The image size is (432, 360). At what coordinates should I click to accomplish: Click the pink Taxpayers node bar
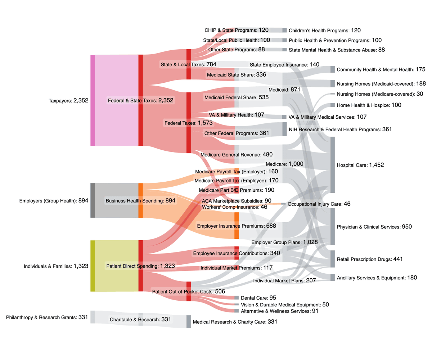[x=93, y=100]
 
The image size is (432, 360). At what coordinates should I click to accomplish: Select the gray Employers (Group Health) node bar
[x=93, y=200]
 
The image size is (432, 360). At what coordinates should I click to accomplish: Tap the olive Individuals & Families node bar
[x=93, y=266]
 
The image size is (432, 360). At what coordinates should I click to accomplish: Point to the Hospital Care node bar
[x=332, y=165]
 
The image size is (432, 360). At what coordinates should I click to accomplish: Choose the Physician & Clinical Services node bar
[x=332, y=227]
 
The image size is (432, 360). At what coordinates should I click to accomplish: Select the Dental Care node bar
[x=237, y=298]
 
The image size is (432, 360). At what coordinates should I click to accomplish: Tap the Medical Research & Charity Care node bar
[x=188, y=322]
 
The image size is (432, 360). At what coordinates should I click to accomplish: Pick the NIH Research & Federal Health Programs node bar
[x=284, y=129]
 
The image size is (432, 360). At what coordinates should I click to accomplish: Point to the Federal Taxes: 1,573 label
[x=189, y=123]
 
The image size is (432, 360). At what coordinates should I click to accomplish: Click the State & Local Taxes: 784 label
[x=188, y=64]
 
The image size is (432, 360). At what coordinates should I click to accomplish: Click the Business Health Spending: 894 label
[x=140, y=200]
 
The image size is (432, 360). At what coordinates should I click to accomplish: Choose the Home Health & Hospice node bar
[x=332, y=105]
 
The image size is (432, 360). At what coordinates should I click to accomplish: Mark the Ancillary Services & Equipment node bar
[x=332, y=278]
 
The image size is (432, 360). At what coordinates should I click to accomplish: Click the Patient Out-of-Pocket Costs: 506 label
[x=189, y=291]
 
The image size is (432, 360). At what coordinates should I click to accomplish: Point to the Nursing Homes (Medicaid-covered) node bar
[x=332, y=84]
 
